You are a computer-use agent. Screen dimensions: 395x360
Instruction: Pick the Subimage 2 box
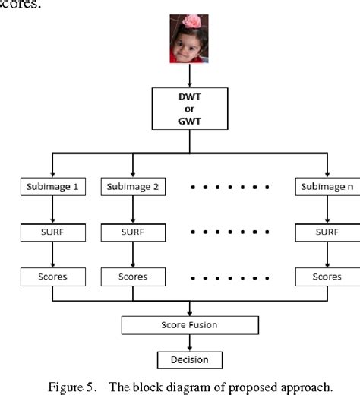pos(133,186)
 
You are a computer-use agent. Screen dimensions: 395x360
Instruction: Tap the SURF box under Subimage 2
pos(133,232)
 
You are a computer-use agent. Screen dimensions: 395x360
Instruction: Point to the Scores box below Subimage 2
pos(133,276)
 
